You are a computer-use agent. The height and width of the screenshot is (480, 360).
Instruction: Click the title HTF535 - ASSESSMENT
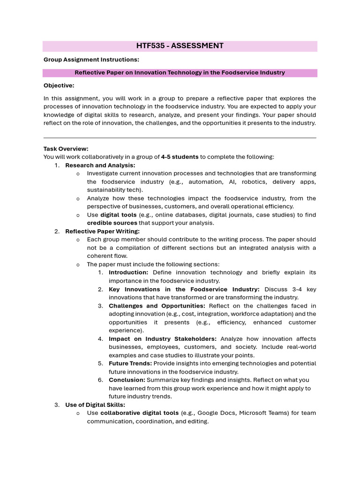180,46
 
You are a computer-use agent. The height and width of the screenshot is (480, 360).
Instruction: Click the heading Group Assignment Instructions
91,60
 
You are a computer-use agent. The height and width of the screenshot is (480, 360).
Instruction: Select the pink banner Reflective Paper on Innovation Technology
180,73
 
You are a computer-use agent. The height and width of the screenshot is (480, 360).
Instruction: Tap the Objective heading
59,85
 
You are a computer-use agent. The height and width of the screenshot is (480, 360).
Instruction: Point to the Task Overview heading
66,149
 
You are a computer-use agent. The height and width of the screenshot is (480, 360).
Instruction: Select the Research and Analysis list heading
100,165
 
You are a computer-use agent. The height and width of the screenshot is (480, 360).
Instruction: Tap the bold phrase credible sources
112,223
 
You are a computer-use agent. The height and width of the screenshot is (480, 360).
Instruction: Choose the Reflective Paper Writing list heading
102,231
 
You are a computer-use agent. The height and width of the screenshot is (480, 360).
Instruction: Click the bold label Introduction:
128,272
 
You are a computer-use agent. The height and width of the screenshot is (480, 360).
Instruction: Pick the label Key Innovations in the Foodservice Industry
184,289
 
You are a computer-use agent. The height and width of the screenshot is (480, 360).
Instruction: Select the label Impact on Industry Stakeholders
162,338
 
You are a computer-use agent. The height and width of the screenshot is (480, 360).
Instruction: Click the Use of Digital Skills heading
95,405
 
